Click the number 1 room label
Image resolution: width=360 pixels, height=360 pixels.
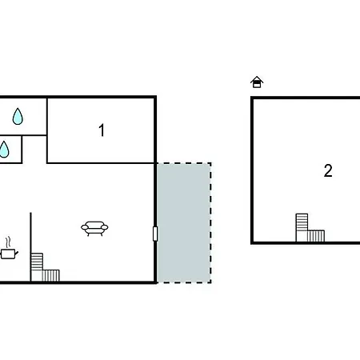[x=102, y=130]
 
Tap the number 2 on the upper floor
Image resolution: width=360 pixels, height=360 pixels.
[x=328, y=170]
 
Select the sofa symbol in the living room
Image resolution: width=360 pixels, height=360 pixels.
[x=94, y=229]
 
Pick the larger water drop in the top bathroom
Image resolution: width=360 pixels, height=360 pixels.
[x=18, y=116]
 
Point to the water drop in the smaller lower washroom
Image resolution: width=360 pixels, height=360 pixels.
[x=4, y=150]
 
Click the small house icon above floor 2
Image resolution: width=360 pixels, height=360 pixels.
[x=257, y=82]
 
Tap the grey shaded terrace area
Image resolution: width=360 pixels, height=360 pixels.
[x=183, y=222]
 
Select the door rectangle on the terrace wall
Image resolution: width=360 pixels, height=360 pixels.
[x=155, y=234]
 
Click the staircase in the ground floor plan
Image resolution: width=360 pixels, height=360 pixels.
[x=45, y=267]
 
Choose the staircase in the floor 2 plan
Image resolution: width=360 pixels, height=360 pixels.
[x=310, y=227]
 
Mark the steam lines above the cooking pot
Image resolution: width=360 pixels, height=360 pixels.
[x=9, y=242]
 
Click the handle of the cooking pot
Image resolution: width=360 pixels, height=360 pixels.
[x=17, y=253]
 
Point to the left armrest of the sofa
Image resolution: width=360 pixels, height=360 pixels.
[x=85, y=227]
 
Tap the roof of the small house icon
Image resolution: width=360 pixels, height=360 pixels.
[x=257, y=79]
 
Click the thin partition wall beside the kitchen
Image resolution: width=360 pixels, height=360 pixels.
[x=30, y=246]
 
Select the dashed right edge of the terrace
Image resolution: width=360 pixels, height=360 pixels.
[x=210, y=222]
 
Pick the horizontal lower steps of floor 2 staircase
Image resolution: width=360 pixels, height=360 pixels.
[x=316, y=236]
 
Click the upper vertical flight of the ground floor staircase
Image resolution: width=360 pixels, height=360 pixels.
[x=37, y=262]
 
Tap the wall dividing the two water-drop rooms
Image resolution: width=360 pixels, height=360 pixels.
[x=23, y=135]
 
